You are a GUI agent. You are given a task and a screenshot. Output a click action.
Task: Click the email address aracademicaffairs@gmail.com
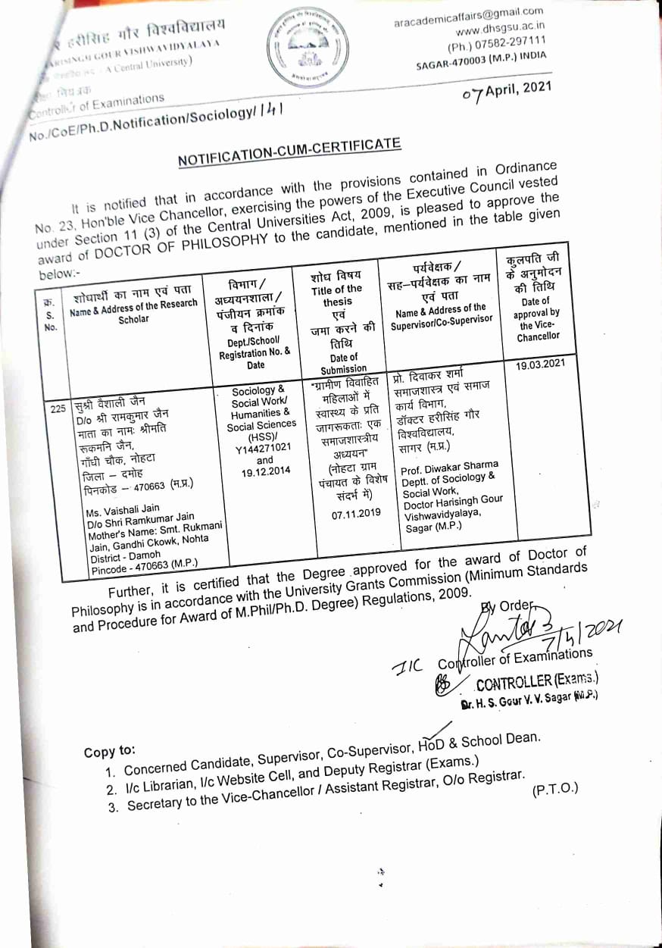[x=469, y=17]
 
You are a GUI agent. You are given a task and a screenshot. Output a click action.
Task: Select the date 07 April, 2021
[x=505, y=90]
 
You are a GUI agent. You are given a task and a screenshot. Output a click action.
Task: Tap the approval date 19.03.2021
[x=540, y=364]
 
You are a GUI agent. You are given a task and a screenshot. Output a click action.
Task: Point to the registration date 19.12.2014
[x=264, y=471]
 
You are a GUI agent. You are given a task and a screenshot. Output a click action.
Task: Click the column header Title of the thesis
[x=338, y=295]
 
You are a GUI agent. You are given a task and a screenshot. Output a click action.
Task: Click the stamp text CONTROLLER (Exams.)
[x=537, y=680]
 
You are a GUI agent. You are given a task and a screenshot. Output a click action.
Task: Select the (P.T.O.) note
[x=554, y=789]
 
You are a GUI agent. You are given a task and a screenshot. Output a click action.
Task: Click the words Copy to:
[x=110, y=752]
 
